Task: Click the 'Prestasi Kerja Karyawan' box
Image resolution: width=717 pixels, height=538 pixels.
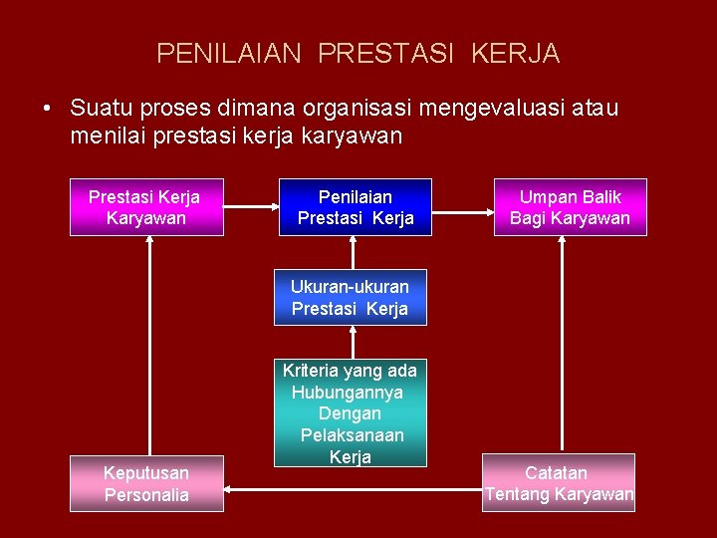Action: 146,207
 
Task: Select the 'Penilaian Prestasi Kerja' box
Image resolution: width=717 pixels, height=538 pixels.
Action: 355,207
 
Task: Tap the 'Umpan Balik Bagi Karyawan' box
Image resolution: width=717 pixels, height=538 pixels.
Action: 571,207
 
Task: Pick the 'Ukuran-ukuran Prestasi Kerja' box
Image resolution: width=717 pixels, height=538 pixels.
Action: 350,298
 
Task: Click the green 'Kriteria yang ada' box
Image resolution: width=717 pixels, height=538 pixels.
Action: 351,412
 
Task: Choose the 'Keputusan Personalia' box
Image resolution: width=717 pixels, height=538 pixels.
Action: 146,483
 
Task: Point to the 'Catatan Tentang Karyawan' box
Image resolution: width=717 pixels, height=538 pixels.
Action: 559,483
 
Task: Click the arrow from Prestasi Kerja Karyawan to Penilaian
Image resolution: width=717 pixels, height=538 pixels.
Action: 250,207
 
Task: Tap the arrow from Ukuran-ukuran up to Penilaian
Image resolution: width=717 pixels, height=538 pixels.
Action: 354,253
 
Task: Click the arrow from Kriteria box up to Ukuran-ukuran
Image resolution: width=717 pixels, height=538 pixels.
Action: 354,343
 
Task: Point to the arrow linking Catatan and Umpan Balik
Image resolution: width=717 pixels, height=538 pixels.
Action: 563,344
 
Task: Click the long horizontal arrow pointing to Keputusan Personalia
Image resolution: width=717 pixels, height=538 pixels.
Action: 354,489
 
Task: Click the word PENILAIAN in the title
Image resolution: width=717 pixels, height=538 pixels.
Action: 228,53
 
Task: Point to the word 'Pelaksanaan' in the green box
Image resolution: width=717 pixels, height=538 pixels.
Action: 351,435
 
